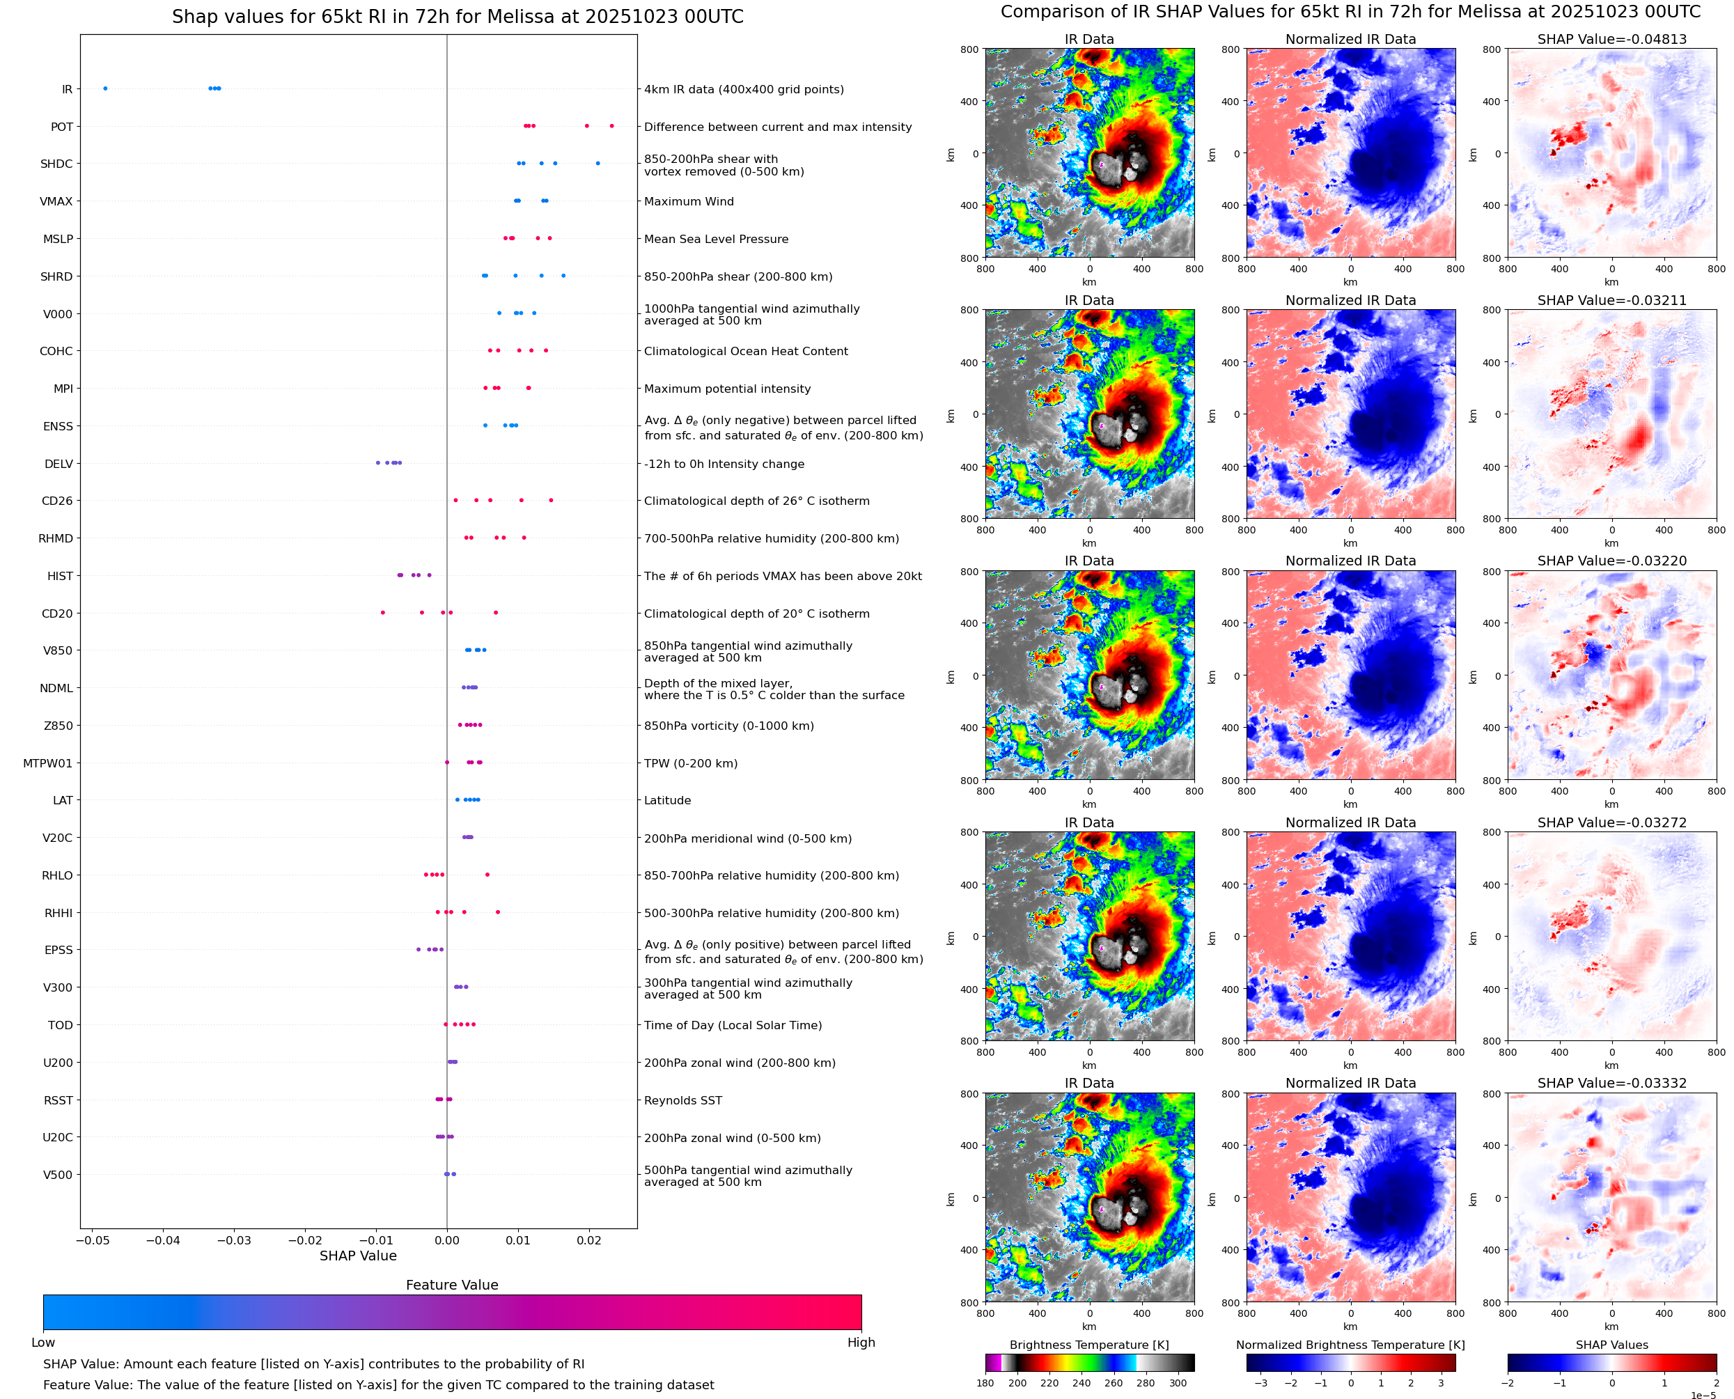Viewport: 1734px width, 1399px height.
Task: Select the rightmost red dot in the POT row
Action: (x=611, y=126)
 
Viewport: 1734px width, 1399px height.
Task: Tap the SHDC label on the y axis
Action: (x=56, y=164)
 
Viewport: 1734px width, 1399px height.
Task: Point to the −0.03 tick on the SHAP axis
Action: (x=235, y=1240)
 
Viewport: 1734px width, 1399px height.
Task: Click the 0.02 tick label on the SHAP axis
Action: (x=589, y=1240)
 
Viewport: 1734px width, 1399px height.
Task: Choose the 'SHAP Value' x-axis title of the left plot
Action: (x=358, y=1256)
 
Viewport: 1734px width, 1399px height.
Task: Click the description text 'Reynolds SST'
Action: (x=682, y=1100)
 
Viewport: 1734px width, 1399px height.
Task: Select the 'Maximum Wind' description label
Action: (x=688, y=201)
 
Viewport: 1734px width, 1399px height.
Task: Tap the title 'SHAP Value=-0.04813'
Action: (x=1611, y=39)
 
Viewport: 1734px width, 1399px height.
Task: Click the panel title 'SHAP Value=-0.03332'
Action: (x=1611, y=1083)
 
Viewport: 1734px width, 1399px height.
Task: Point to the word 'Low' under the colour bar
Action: (x=42, y=1343)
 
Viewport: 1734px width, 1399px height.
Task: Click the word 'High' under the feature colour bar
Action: (x=861, y=1343)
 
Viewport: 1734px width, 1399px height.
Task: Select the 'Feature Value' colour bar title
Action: (x=451, y=1285)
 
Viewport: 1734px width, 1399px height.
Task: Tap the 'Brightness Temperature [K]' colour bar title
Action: (x=1088, y=1345)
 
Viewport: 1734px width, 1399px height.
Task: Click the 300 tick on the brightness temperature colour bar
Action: (x=1178, y=1383)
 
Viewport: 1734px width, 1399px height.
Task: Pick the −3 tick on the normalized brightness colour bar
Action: (x=1261, y=1383)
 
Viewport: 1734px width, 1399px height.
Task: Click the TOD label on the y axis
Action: (x=60, y=1025)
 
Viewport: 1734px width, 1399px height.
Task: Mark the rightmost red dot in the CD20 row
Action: (x=496, y=613)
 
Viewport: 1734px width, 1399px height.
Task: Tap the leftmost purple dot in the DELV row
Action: (x=378, y=462)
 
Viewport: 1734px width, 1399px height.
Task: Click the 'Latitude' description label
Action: (x=667, y=800)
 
